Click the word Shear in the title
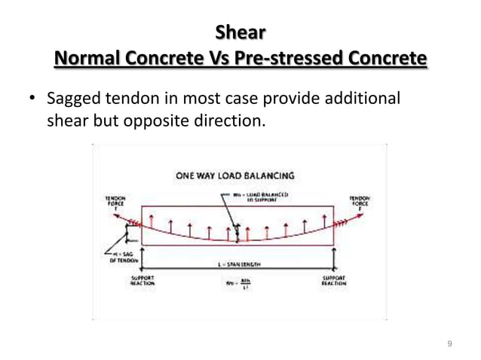(x=240, y=32)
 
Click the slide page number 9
(x=449, y=344)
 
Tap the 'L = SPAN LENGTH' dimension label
(x=234, y=265)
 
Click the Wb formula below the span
(x=237, y=285)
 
